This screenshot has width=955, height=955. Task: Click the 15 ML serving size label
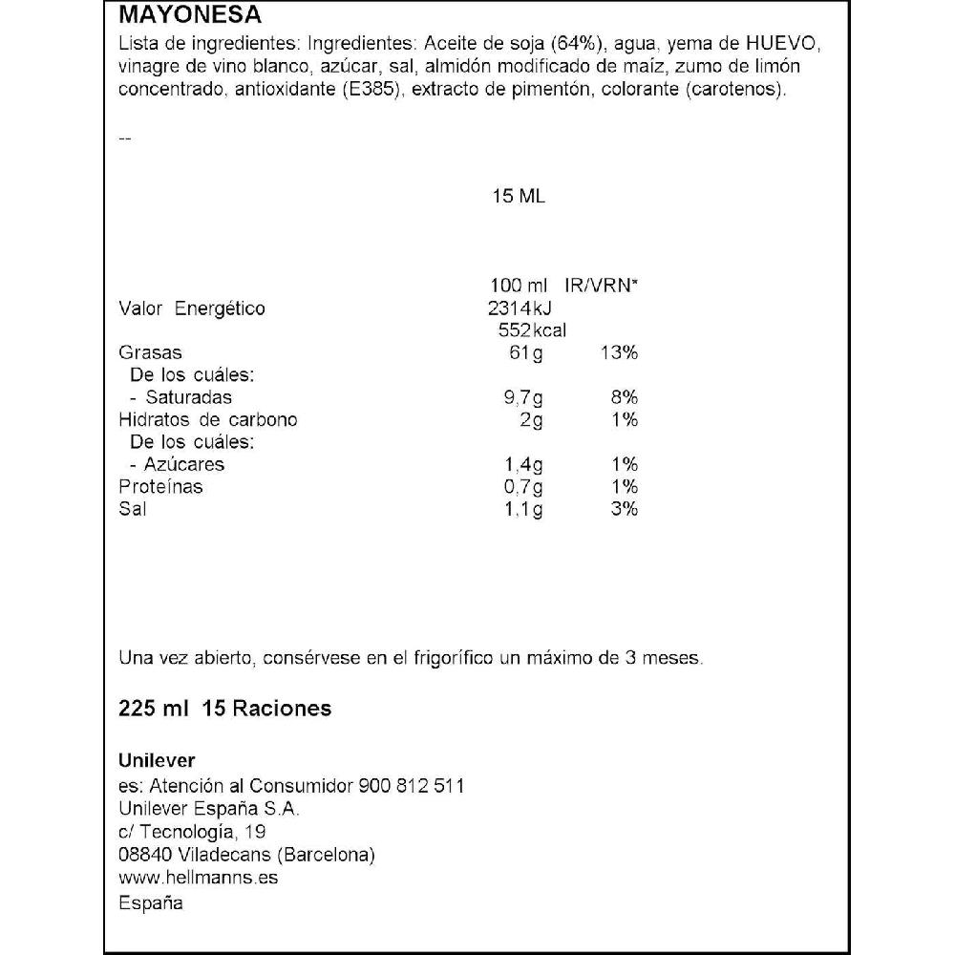[x=518, y=197]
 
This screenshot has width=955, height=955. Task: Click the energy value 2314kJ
[x=520, y=308]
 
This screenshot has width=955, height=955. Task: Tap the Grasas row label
[x=150, y=353]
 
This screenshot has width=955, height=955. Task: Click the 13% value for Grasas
[x=619, y=353]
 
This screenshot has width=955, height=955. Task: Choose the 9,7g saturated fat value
[x=523, y=398]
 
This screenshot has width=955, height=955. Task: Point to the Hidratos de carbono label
[x=208, y=420]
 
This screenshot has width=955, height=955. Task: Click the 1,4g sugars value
[x=523, y=465]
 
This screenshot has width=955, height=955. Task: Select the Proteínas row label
[x=160, y=487]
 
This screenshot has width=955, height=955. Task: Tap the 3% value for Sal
[x=624, y=509]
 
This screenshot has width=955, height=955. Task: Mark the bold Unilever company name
[x=157, y=761]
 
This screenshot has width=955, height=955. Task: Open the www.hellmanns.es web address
[x=198, y=878]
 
